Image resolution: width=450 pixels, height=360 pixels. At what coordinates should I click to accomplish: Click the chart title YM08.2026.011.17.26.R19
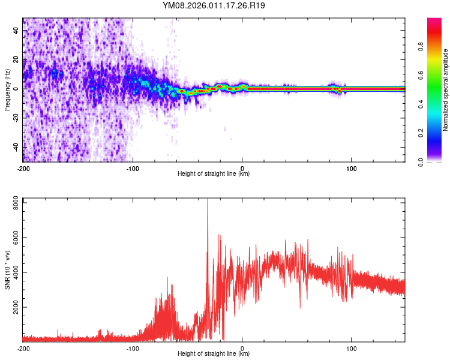click(214, 6)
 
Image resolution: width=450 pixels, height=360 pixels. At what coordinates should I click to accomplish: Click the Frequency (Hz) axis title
click(7, 89)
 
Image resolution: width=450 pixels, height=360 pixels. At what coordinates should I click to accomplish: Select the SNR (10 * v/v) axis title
click(7, 269)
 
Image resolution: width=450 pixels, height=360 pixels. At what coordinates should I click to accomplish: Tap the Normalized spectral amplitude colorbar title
click(445, 89)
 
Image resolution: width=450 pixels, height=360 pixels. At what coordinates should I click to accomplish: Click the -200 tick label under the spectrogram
click(23, 168)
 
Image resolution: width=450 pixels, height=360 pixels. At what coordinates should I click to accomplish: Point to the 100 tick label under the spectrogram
click(352, 168)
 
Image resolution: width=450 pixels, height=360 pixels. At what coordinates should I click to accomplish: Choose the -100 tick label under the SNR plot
click(133, 348)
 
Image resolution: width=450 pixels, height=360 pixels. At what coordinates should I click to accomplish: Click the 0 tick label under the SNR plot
click(242, 348)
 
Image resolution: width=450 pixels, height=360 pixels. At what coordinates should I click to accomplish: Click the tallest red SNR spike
click(208, 201)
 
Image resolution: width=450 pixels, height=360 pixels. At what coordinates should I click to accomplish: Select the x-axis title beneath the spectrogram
click(214, 174)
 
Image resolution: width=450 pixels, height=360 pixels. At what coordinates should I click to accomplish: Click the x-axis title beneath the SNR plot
click(214, 354)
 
